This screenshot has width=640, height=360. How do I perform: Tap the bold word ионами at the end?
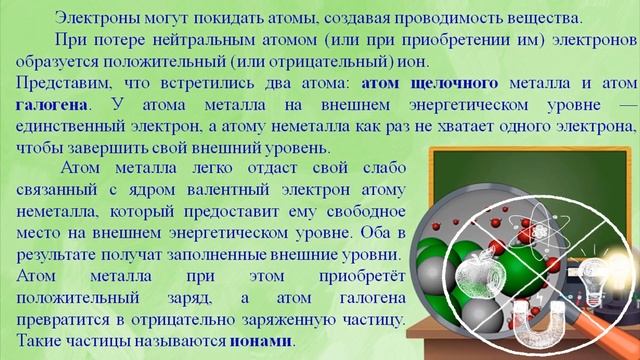(x=265, y=340)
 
